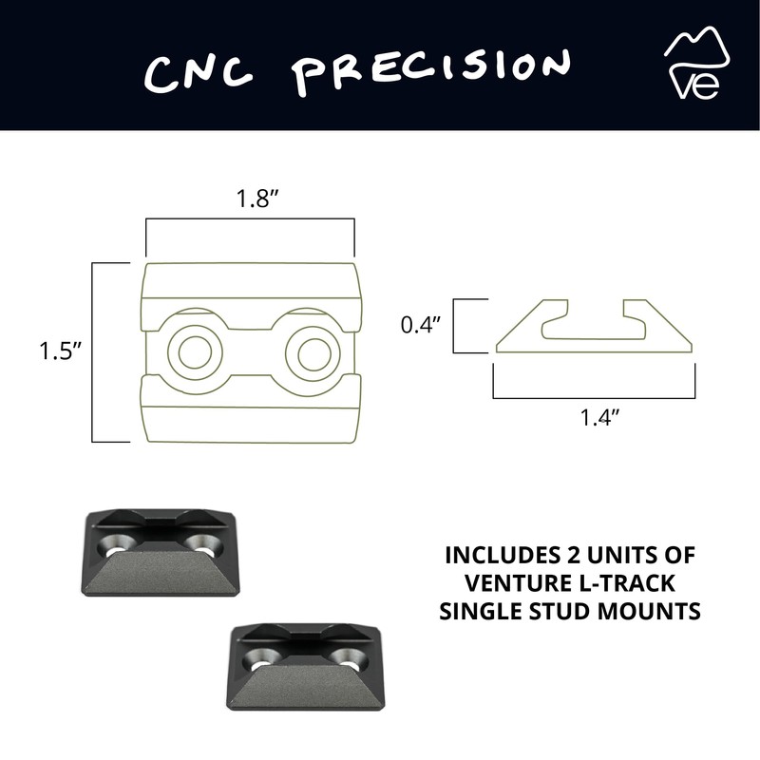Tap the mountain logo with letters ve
point(697,65)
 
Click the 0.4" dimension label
point(420,325)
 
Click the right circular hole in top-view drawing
point(312,352)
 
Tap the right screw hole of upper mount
point(202,543)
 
